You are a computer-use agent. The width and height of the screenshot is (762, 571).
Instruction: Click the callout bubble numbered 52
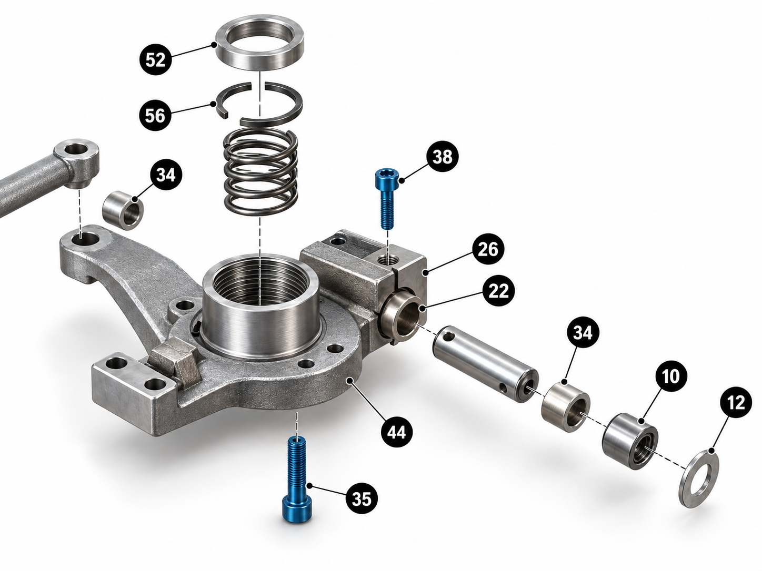tap(155, 60)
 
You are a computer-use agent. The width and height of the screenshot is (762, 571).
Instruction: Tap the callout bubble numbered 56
tap(155, 115)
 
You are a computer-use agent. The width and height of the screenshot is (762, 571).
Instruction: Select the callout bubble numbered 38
tap(442, 157)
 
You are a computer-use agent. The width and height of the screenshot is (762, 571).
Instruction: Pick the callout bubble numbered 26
tap(488, 249)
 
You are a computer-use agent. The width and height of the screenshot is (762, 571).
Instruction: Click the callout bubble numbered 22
tap(498, 290)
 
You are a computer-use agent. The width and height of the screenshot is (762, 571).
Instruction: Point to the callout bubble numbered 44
tap(396, 432)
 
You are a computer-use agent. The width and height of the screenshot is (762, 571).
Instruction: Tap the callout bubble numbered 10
tap(671, 375)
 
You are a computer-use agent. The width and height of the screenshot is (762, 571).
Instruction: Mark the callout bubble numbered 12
tap(736, 403)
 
